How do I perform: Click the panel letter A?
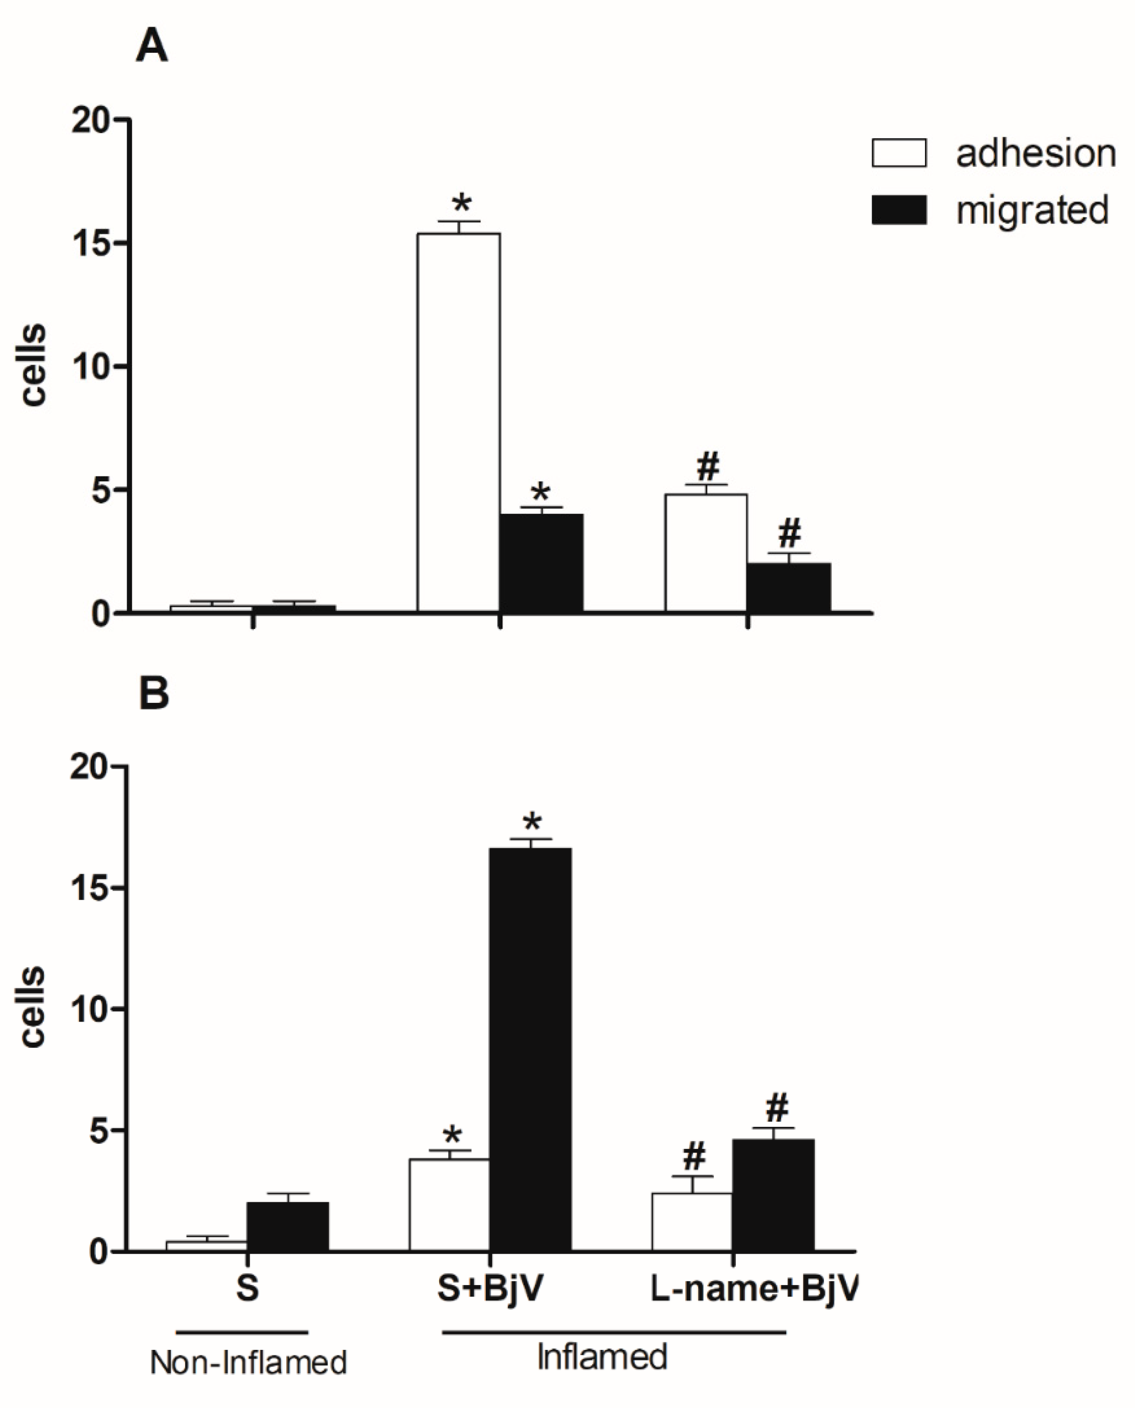151,47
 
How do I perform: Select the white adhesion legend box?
898,153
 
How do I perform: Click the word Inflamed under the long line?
602,1357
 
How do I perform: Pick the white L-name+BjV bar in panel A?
706,553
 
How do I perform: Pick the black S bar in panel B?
288,1227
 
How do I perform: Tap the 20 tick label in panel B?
88,767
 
